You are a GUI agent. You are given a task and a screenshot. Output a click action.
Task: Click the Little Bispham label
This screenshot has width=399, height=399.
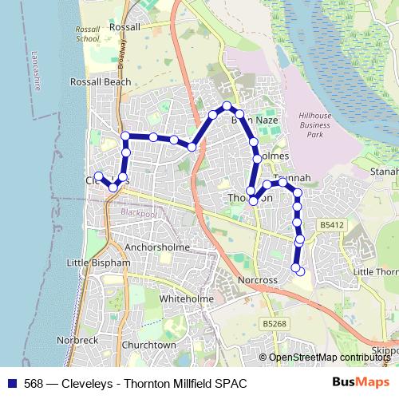[98, 263]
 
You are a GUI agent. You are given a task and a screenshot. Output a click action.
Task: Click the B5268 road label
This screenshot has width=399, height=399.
[274, 324]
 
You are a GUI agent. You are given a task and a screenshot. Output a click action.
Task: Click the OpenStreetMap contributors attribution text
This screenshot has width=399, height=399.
[329, 358]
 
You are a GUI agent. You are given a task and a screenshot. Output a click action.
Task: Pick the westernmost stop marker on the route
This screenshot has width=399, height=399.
[98, 176]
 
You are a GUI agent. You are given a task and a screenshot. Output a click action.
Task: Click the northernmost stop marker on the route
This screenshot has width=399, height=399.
[227, 105]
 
